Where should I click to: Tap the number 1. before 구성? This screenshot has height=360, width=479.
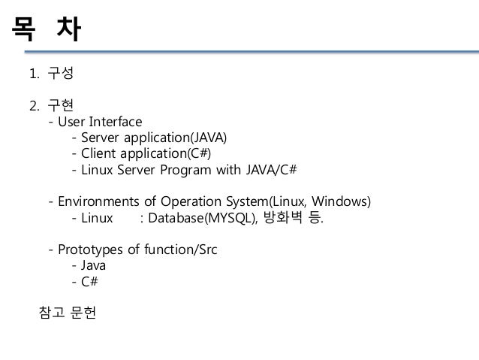click(x=33, y=75)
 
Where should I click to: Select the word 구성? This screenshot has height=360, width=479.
click(x=60, y=75)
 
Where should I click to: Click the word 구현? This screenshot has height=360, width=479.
click(x=60, y=105)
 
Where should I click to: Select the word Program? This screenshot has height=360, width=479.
click(x=188, y=171)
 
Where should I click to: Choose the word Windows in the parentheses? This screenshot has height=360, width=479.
click(x=342, y=203)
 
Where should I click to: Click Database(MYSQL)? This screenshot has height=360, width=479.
click(x=205, y=219)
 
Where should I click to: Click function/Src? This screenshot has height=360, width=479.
click(x=187, y=251)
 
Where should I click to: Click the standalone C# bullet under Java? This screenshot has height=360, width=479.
click(x=89, y=283)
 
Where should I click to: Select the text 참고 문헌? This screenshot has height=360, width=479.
click(x=67, y=313)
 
